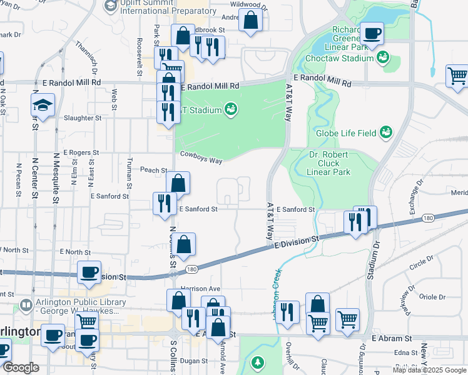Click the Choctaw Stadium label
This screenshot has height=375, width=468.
(339, 59)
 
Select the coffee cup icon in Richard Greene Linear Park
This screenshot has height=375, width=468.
(372, 32)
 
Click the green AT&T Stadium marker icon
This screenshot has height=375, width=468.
(231, 110)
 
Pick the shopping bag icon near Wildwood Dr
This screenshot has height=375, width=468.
(251, 20)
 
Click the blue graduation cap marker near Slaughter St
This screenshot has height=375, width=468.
(43, 104)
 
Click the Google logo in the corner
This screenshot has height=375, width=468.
(21, 367)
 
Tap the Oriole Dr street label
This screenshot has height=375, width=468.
(432, 297)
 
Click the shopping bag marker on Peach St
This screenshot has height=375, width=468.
(178, 184)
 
